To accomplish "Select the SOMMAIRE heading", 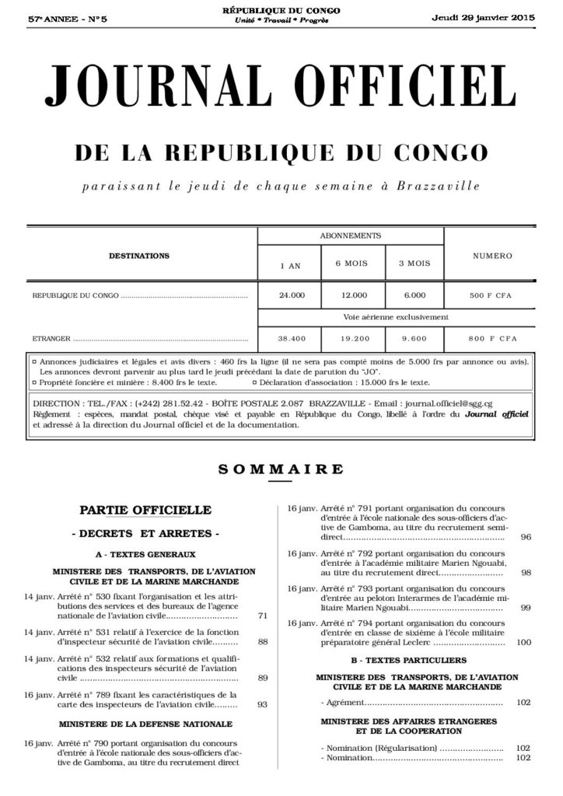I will point(281,469).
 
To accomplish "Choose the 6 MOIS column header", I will point(351,264).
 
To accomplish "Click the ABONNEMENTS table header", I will point(350,235).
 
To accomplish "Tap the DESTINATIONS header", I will point(139,255).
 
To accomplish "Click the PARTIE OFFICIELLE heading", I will point(145,510).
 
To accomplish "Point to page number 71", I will point(263,616).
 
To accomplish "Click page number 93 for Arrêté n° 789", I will point(263,704).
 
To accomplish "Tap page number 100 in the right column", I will point(523,643).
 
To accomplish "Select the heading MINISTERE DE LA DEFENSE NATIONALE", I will point(145,723).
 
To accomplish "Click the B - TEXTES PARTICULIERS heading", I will point(407,660).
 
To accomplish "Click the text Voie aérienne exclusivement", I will point(396,317).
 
